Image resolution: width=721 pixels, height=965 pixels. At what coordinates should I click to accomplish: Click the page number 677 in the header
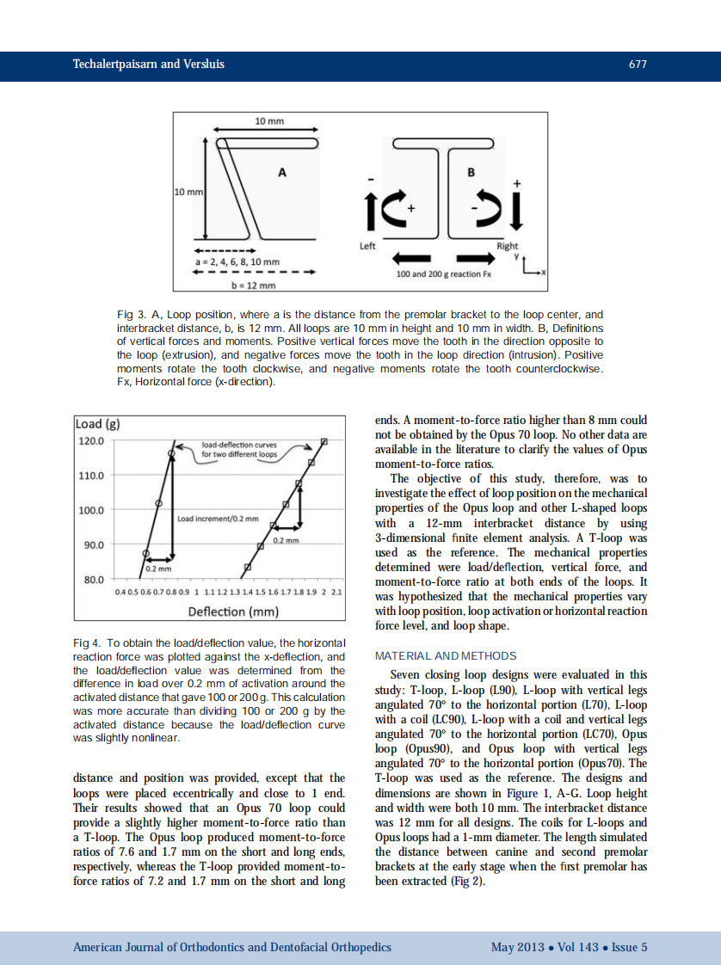(638, 65)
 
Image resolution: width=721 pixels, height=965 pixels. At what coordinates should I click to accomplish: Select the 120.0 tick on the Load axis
(90, 440)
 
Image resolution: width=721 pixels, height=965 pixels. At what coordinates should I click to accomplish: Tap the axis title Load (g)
(97, 424)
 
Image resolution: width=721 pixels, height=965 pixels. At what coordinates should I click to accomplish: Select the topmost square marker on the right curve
(324, 442)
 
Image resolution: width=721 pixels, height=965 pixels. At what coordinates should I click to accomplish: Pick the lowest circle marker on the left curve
(145, 554)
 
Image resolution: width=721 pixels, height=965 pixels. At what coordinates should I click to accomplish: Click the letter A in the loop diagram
(280, 173)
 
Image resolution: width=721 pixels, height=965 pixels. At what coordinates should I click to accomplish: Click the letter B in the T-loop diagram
(471, 172)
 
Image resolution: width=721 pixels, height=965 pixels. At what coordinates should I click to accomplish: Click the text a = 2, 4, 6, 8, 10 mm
(237, 261)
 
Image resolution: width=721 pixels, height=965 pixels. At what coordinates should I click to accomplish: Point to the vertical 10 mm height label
(187, 192)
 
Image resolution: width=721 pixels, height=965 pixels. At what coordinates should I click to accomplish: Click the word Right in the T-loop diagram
(507, 246)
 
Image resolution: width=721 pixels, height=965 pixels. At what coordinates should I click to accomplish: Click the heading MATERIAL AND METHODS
(447, 655)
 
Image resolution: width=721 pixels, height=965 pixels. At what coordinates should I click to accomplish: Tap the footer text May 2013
(517, 947)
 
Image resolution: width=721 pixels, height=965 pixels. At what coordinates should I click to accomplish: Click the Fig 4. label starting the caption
(88, 642)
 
